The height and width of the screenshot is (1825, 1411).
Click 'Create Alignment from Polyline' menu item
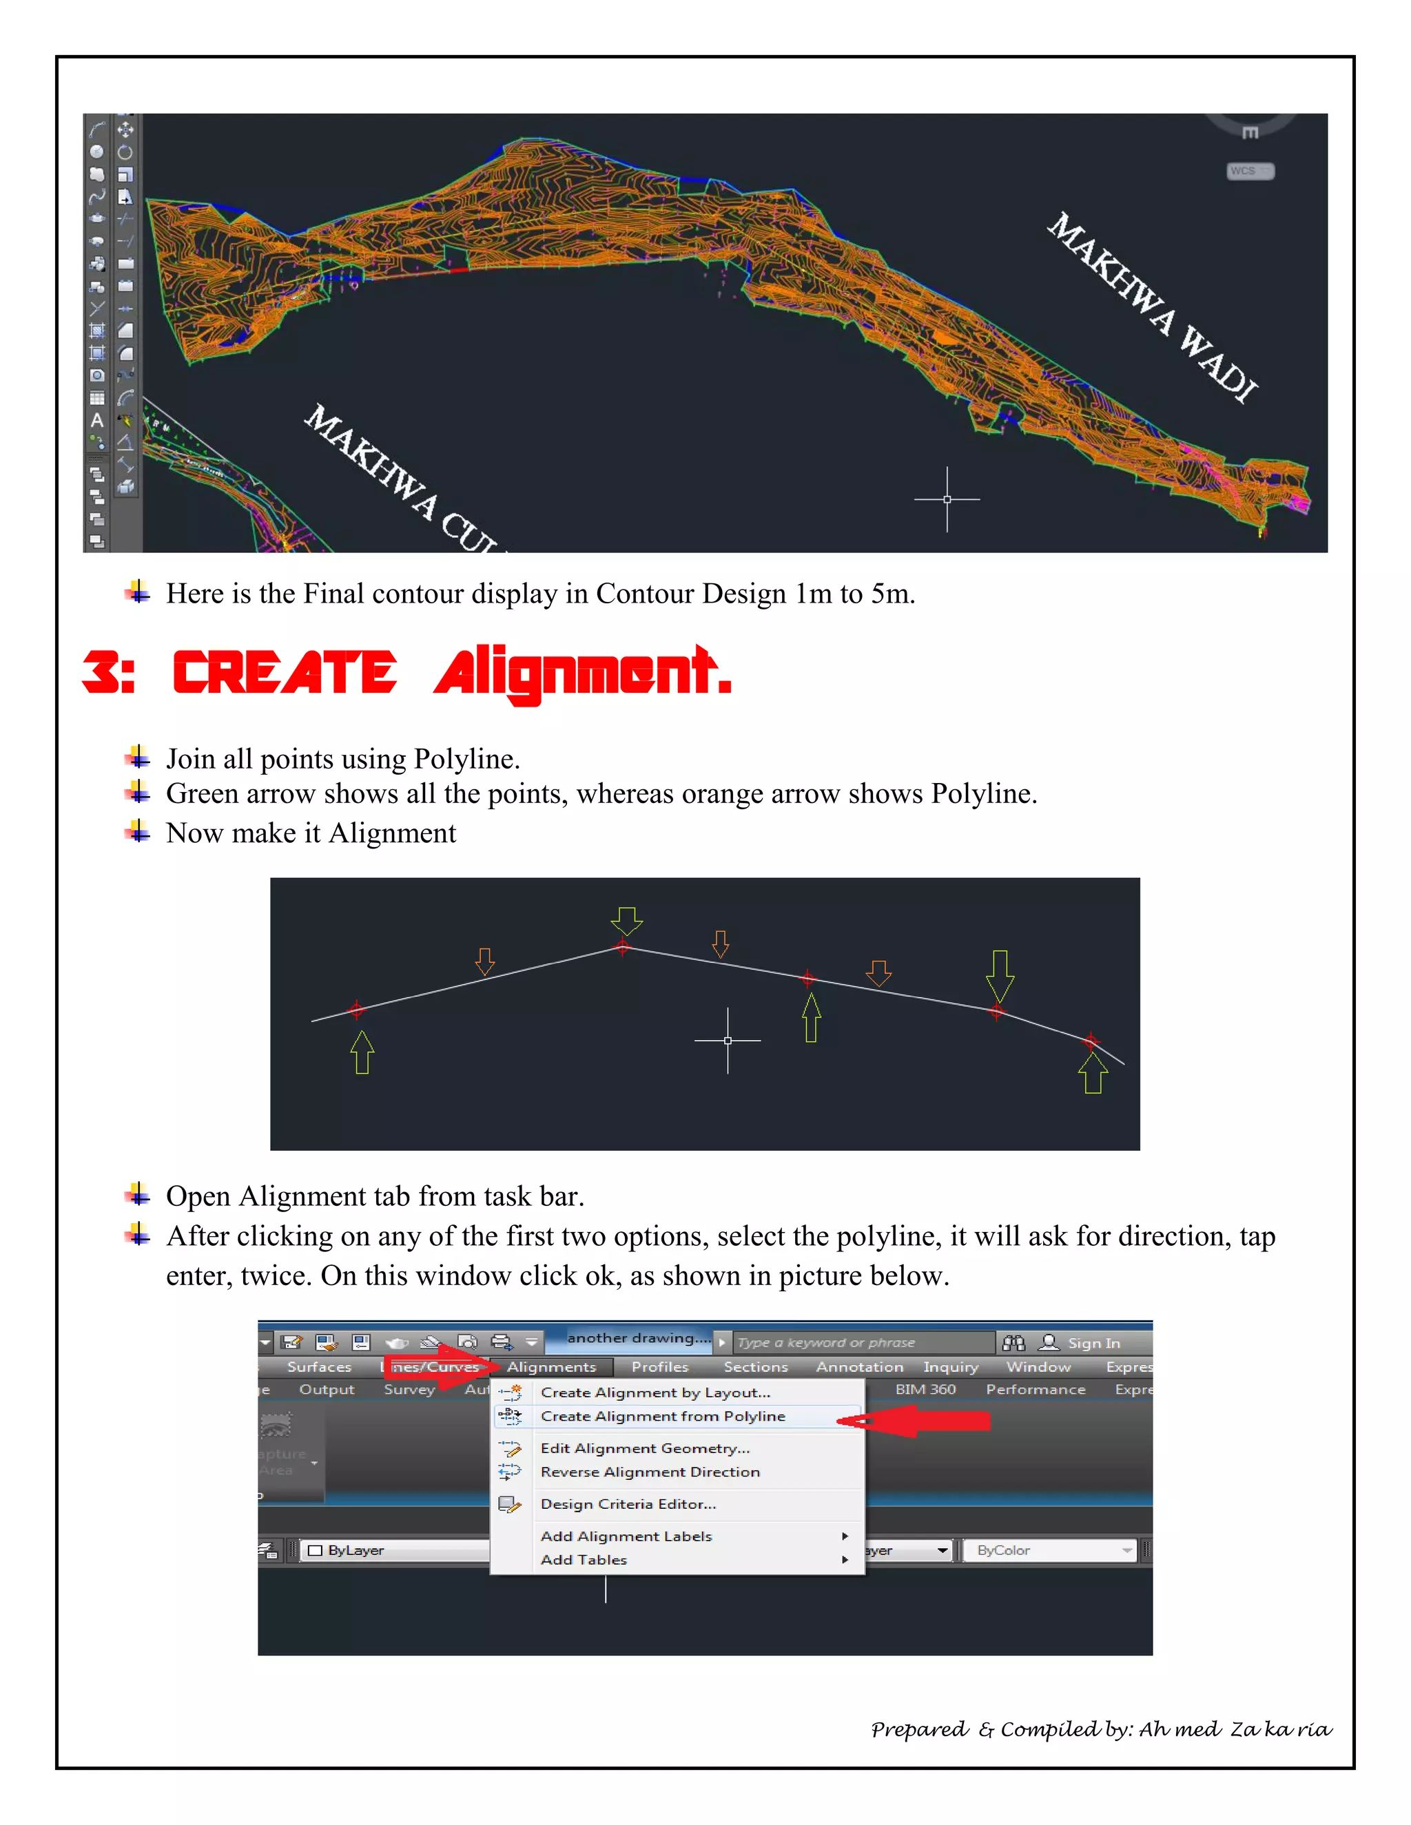(x=663, y=1417)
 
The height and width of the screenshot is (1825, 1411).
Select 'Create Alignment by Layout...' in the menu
(x=655, y=1392)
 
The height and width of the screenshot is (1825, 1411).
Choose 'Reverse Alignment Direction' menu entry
(x=650, y=1472)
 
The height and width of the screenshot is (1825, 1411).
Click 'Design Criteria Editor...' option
(x=628, y=1503)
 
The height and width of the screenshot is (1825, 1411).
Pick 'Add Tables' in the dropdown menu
(x=584, y=1559)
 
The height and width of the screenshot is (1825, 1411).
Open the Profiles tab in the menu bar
(x=659, y=1367)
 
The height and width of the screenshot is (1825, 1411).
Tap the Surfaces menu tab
(x=319, y=1367)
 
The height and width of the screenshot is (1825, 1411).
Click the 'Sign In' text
(x=1093, y=1343)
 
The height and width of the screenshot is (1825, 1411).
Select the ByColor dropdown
(x=1049, y=1550)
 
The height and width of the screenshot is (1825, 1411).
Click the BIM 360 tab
(x=925, y=1389)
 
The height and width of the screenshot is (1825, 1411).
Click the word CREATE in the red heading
(x=285, y=673)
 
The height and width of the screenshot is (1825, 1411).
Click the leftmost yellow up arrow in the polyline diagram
(x=362, y=1052)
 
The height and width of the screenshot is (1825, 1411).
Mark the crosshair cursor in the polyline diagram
(x=728, y=1041)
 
